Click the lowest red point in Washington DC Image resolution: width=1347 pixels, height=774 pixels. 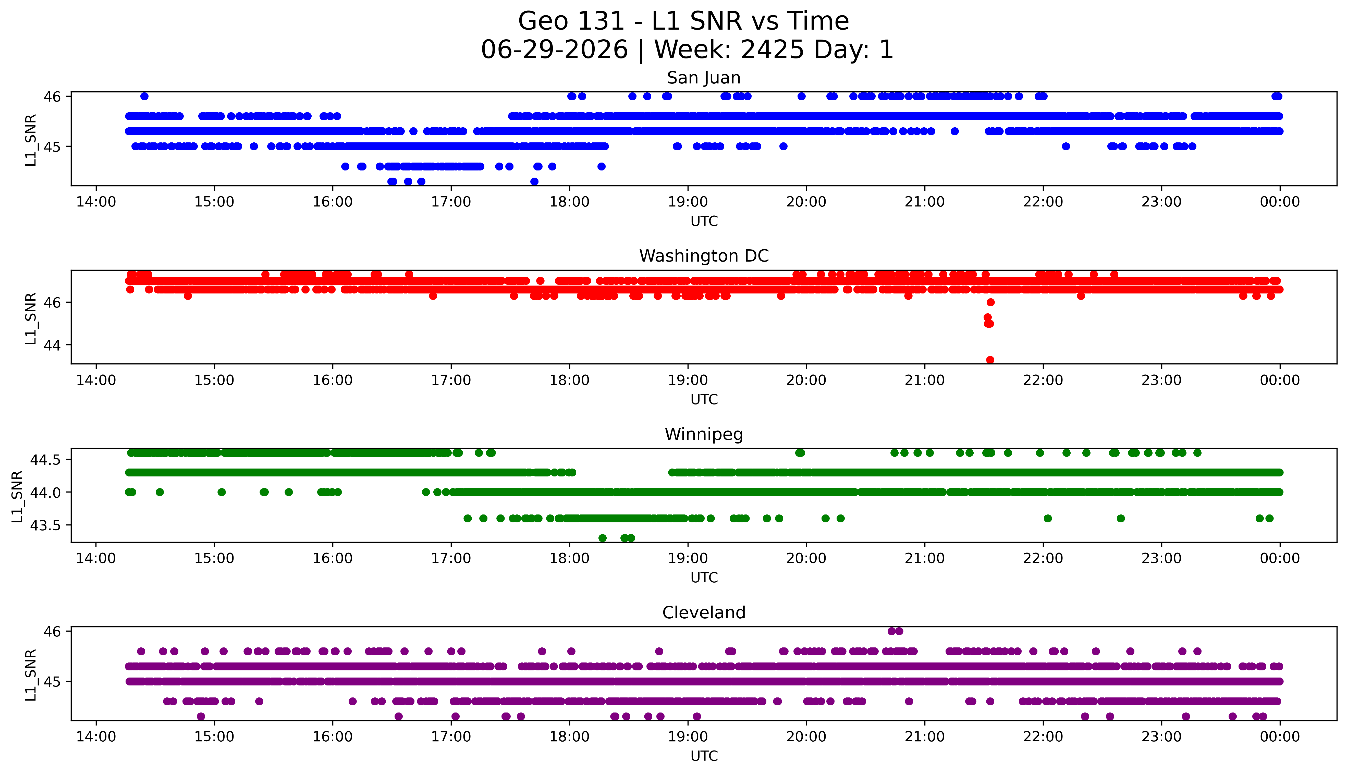pos(990,360)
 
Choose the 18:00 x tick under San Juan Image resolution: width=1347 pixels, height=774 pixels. pos(569,202)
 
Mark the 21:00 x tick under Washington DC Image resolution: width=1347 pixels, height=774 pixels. pos(924,380)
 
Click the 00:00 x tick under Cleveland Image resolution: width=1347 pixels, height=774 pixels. pos(1279,737)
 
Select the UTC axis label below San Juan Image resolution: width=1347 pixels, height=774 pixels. pos(704,221)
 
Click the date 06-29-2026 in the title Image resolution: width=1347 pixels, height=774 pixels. pos(554,50)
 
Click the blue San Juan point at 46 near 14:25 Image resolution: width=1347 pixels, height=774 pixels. pos(144,96)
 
